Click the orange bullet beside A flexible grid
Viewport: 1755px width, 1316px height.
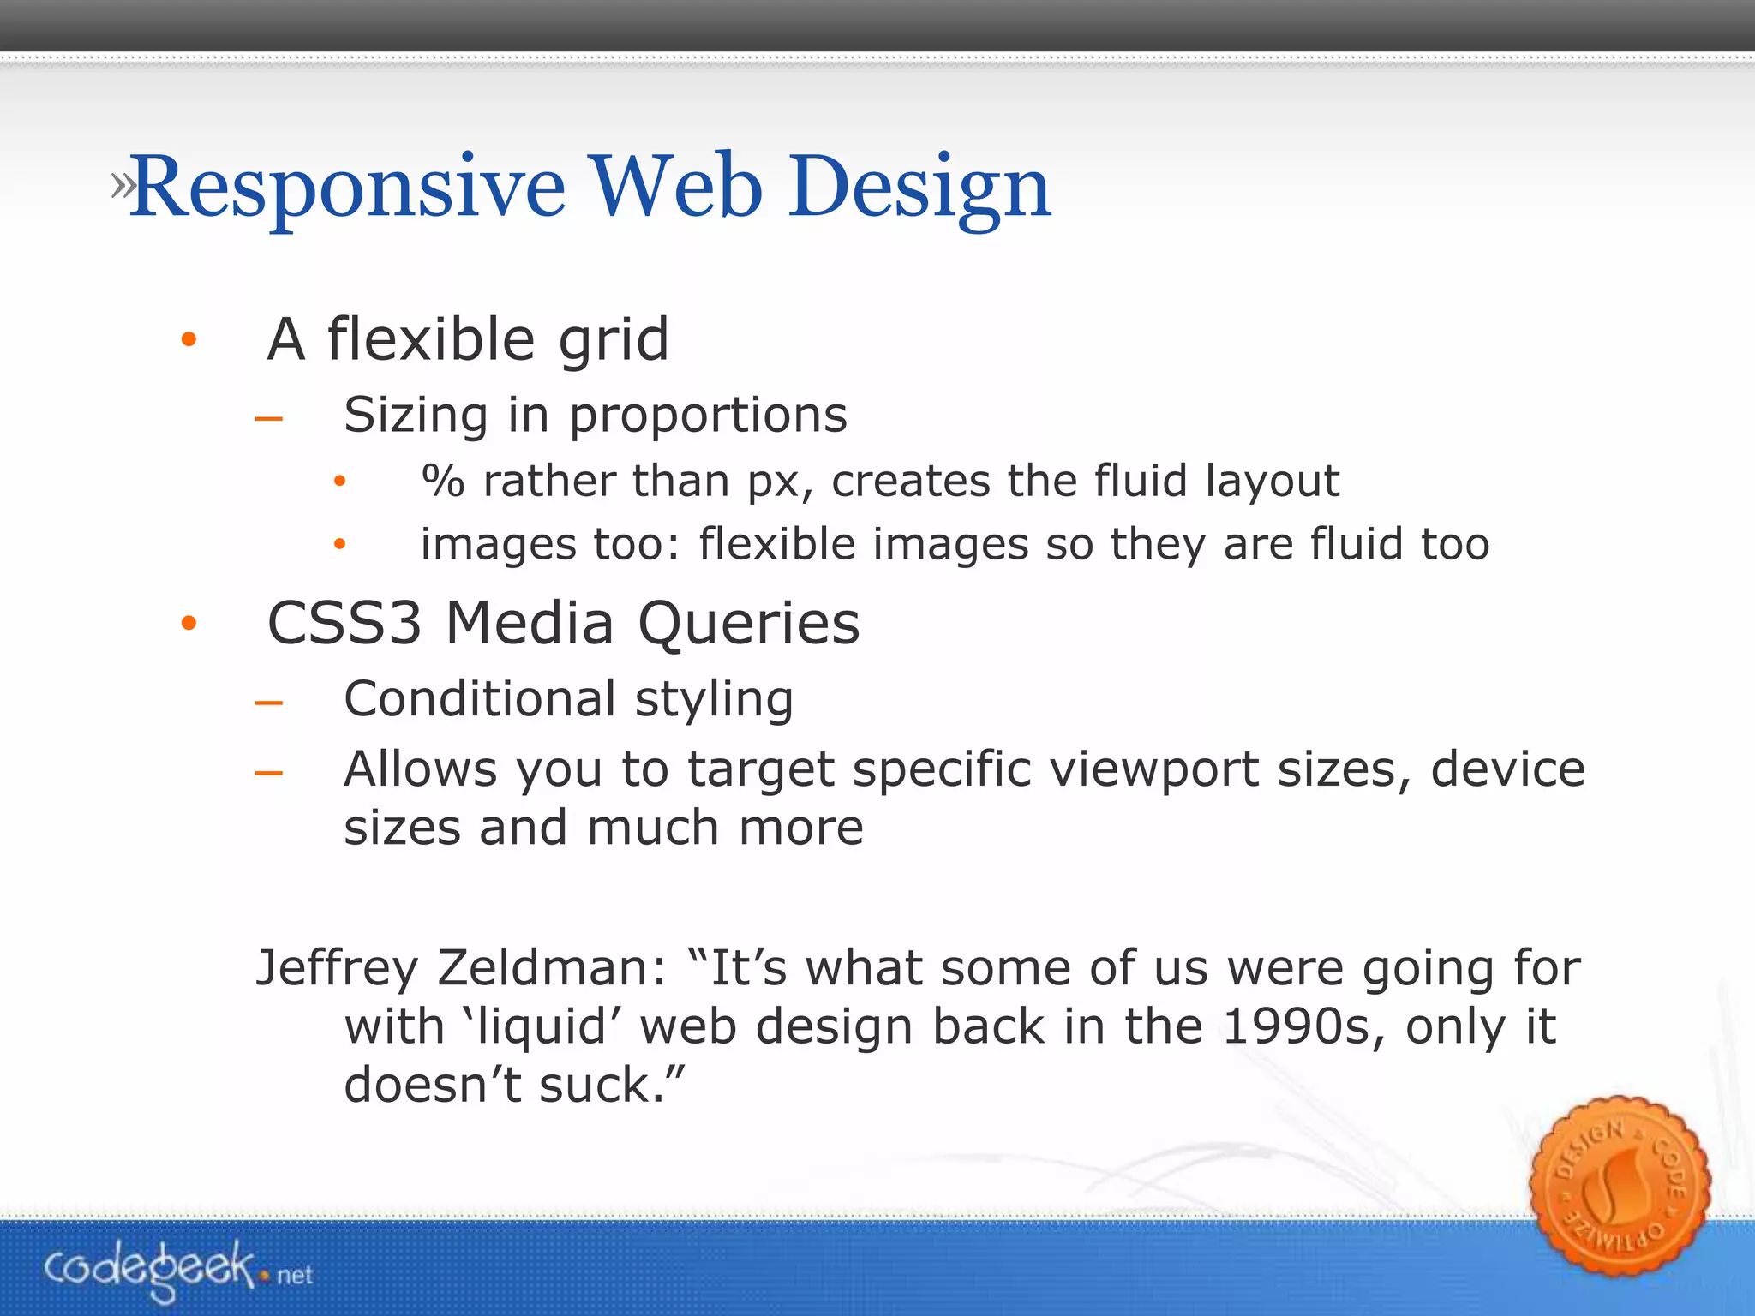point(189,340)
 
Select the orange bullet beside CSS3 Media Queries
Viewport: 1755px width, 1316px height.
point(189,624)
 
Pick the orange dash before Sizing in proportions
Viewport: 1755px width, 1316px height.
point(269,419)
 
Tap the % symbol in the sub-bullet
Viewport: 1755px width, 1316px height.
point(443,481)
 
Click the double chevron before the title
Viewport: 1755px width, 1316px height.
point(122,186)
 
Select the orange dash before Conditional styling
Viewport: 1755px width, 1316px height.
point(269,703)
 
